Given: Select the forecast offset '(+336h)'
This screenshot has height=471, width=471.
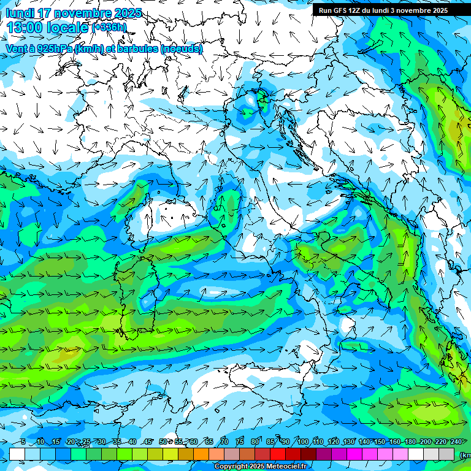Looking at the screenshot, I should [x=109, y=28].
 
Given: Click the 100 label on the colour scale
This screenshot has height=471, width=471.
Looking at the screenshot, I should [x=303, y=442].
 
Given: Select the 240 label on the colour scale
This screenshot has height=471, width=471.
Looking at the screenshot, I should [x=456, y=442].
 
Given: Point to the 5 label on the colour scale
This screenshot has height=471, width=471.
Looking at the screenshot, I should [x=23, y=442].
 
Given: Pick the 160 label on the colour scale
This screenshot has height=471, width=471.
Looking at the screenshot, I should [x=395, y=442].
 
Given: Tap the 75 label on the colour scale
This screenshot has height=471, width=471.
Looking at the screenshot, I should [x=240, y=442].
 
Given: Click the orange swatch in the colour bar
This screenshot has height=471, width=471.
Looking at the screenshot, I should [x=201, y=454].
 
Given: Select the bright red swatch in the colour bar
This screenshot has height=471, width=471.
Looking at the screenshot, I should [x=278, y=454].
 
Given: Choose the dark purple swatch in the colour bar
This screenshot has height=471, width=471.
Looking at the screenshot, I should [x=324, y=454].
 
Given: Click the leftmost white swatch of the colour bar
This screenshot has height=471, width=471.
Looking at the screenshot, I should [x=17, y=454].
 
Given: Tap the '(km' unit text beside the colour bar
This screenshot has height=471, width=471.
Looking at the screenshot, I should [x=465, y=455].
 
